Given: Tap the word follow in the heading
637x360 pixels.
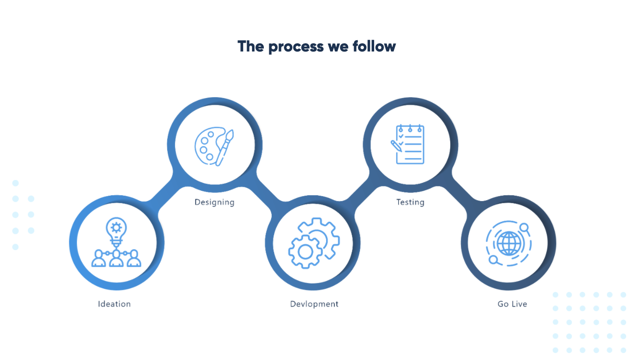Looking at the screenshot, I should (374, 47).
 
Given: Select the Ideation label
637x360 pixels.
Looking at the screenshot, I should (114, 304).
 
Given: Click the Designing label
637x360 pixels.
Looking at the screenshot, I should (214, 202).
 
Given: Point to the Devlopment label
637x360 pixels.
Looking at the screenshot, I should (314, 304).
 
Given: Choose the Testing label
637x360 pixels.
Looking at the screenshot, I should (410, 202).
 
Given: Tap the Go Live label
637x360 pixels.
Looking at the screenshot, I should (512, 304).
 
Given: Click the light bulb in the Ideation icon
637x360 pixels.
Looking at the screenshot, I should (116, 230).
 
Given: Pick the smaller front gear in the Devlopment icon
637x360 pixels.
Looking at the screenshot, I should (305, 252).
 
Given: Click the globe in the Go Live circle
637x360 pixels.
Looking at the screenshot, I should (508, 244).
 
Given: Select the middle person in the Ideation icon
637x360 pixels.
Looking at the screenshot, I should (116, 258).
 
